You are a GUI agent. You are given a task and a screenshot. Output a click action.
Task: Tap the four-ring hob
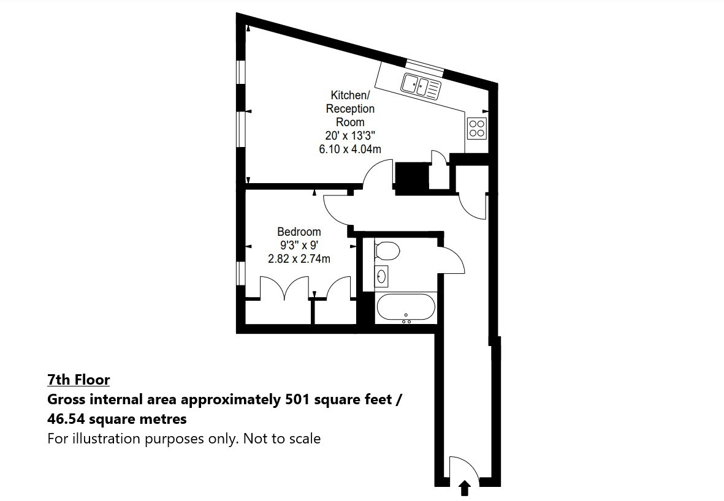point(477,128)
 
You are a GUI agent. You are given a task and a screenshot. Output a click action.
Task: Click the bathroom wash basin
point(381,276)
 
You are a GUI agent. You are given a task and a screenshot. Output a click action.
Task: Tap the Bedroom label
point(299,232)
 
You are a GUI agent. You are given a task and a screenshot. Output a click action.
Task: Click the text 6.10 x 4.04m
point(350,149)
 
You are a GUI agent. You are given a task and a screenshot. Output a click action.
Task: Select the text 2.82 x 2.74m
point(299,259)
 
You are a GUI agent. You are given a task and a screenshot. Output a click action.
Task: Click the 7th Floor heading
point(78,380)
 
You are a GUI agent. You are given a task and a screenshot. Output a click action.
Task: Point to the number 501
point(298,399)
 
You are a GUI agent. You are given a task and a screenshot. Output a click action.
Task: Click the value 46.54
point(66,420)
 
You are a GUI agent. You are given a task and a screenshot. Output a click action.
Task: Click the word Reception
point(350,108)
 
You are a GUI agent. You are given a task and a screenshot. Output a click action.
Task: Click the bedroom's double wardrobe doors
point(284,288)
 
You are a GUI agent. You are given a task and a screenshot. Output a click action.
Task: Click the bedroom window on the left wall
point(240,273)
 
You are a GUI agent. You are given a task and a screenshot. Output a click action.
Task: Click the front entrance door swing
point(464,469)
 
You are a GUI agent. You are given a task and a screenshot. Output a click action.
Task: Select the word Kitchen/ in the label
point(350,95)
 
